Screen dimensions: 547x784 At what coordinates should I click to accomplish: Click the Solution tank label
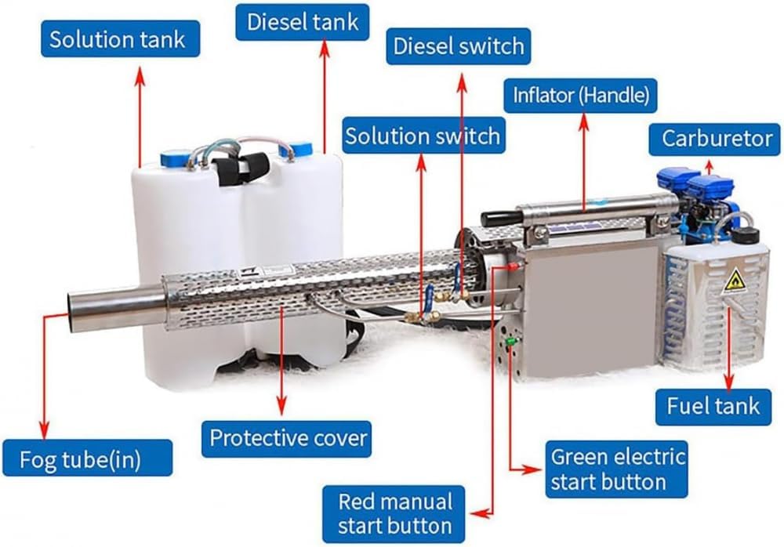118,40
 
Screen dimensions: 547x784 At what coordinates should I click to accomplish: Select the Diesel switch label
459,47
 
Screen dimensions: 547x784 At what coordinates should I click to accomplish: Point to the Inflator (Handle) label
580,96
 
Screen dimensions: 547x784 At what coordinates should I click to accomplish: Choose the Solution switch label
423,136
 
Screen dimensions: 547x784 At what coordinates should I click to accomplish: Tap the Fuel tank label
713,405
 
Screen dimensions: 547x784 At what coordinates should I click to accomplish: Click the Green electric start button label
618,469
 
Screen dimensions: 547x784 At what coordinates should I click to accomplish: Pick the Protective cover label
286,437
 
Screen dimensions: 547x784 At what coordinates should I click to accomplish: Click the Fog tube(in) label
87,458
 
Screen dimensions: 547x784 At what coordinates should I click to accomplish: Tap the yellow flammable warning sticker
735,281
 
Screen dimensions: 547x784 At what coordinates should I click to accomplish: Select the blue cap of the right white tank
300,149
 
